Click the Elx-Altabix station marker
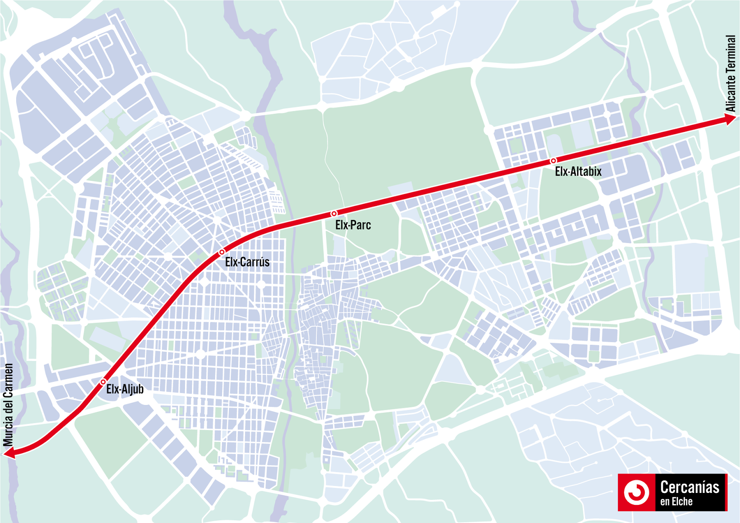(x=553, y=161)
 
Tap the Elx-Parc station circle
(x=334, y=214)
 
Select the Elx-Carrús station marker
(x=222, y=252)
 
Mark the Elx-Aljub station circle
(x=103, y=382)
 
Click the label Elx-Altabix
(x=578, y=172)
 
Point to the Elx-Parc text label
(x=353, y=225)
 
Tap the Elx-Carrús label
(x=247, y=262)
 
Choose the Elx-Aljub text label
(x=125, y=389)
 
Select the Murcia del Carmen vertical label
(x=8, y=405)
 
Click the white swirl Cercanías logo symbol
(x=636, y=492)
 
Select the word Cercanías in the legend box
(x=690, y=487)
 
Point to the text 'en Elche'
(x=676, y=502)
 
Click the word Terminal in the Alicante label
(x=730, y=53)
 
